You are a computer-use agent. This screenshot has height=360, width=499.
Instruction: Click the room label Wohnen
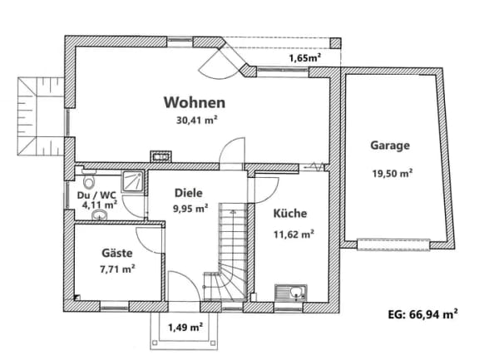(195, 102)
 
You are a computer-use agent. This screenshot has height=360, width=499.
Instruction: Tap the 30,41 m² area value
(196, 121)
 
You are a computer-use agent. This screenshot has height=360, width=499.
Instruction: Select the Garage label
(390, 145)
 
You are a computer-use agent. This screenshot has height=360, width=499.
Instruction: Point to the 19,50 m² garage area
(393, 173)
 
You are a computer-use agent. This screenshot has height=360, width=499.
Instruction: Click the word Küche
(290, 213)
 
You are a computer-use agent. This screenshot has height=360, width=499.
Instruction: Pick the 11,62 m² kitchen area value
(294, 234)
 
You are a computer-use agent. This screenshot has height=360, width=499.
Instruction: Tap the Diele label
(189, 193)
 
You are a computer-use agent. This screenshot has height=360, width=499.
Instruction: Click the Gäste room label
(116, 253)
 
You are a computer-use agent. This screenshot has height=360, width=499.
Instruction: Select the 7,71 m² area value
(117, 269)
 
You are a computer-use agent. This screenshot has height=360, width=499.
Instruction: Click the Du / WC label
(96, 195)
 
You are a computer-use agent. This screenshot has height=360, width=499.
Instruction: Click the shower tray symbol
(132, 181)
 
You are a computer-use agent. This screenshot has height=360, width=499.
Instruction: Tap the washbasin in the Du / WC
(100, 215)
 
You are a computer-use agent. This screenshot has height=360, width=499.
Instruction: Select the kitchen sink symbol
(291, 293)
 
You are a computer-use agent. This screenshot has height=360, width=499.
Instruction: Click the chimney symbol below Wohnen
(161, 156)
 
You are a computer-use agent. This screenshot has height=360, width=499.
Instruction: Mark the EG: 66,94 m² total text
(423, 314)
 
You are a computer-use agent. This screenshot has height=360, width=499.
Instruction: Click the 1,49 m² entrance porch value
(185, 327)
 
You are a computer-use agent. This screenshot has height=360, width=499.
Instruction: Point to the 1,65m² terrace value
(304, 58)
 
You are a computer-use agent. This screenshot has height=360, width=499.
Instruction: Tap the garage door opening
(393, 245)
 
